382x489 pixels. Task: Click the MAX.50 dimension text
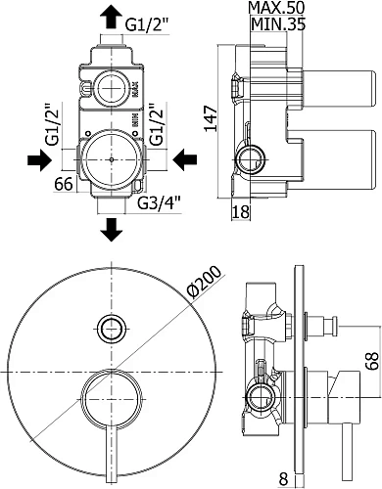click(276, 8)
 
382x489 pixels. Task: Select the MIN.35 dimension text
click(278, 23)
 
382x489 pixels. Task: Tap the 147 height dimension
click(211, 118)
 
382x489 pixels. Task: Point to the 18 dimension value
click(241, 212)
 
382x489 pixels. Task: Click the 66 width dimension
click(64, 184)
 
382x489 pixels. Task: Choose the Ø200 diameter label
click(205, 282)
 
